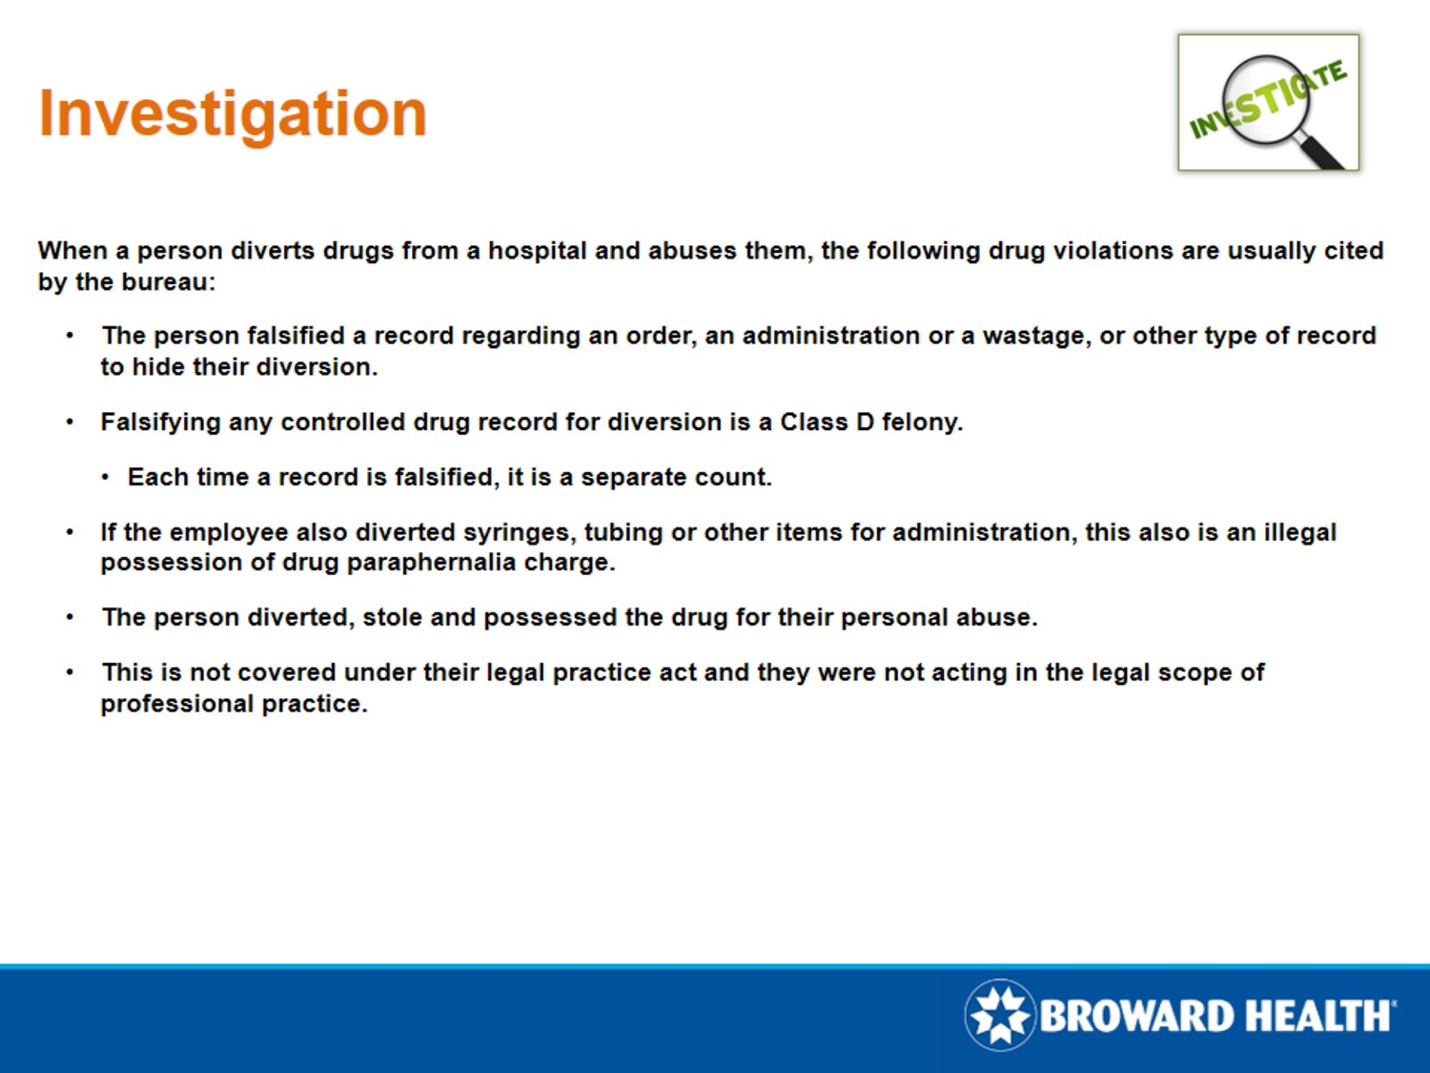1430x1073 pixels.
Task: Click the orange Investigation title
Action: (233, 115)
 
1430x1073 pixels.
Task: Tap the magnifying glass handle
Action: (1322, 149)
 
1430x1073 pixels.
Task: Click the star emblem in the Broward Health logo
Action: (1000, 1015)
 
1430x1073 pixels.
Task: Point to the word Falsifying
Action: (160, 423)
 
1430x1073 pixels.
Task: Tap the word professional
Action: (177, 705)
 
